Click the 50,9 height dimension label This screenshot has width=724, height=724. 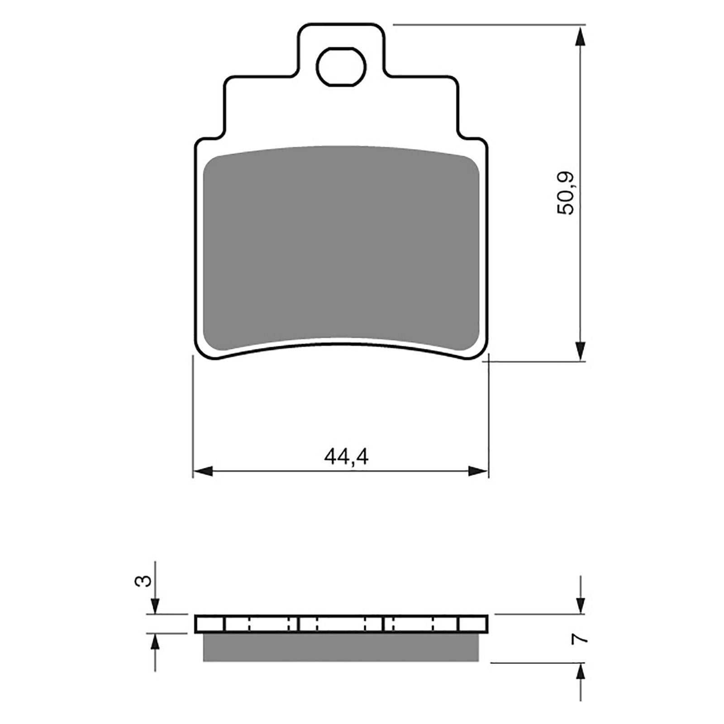pos(567,193)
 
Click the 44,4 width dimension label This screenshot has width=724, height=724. pos(347,457)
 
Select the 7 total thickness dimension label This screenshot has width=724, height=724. pos(580,638)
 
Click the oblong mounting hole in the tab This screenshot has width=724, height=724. pos(341,66)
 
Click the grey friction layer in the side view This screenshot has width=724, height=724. pos(341,647)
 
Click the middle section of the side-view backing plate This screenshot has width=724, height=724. pos(341,624)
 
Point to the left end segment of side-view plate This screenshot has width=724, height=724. pos(210,624)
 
